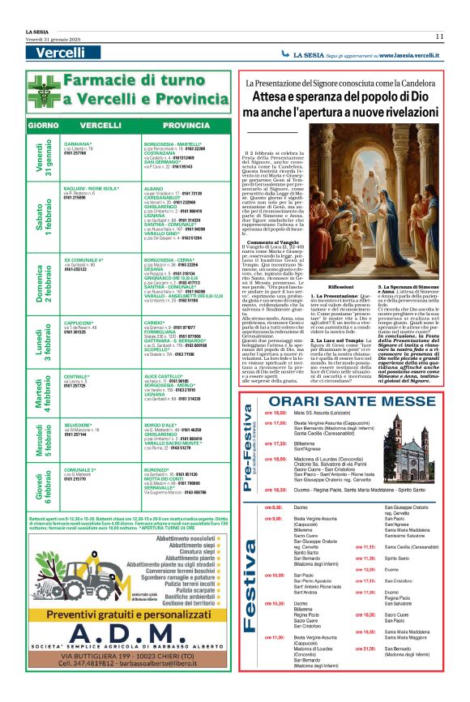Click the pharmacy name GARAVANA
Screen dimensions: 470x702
point(78,143)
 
